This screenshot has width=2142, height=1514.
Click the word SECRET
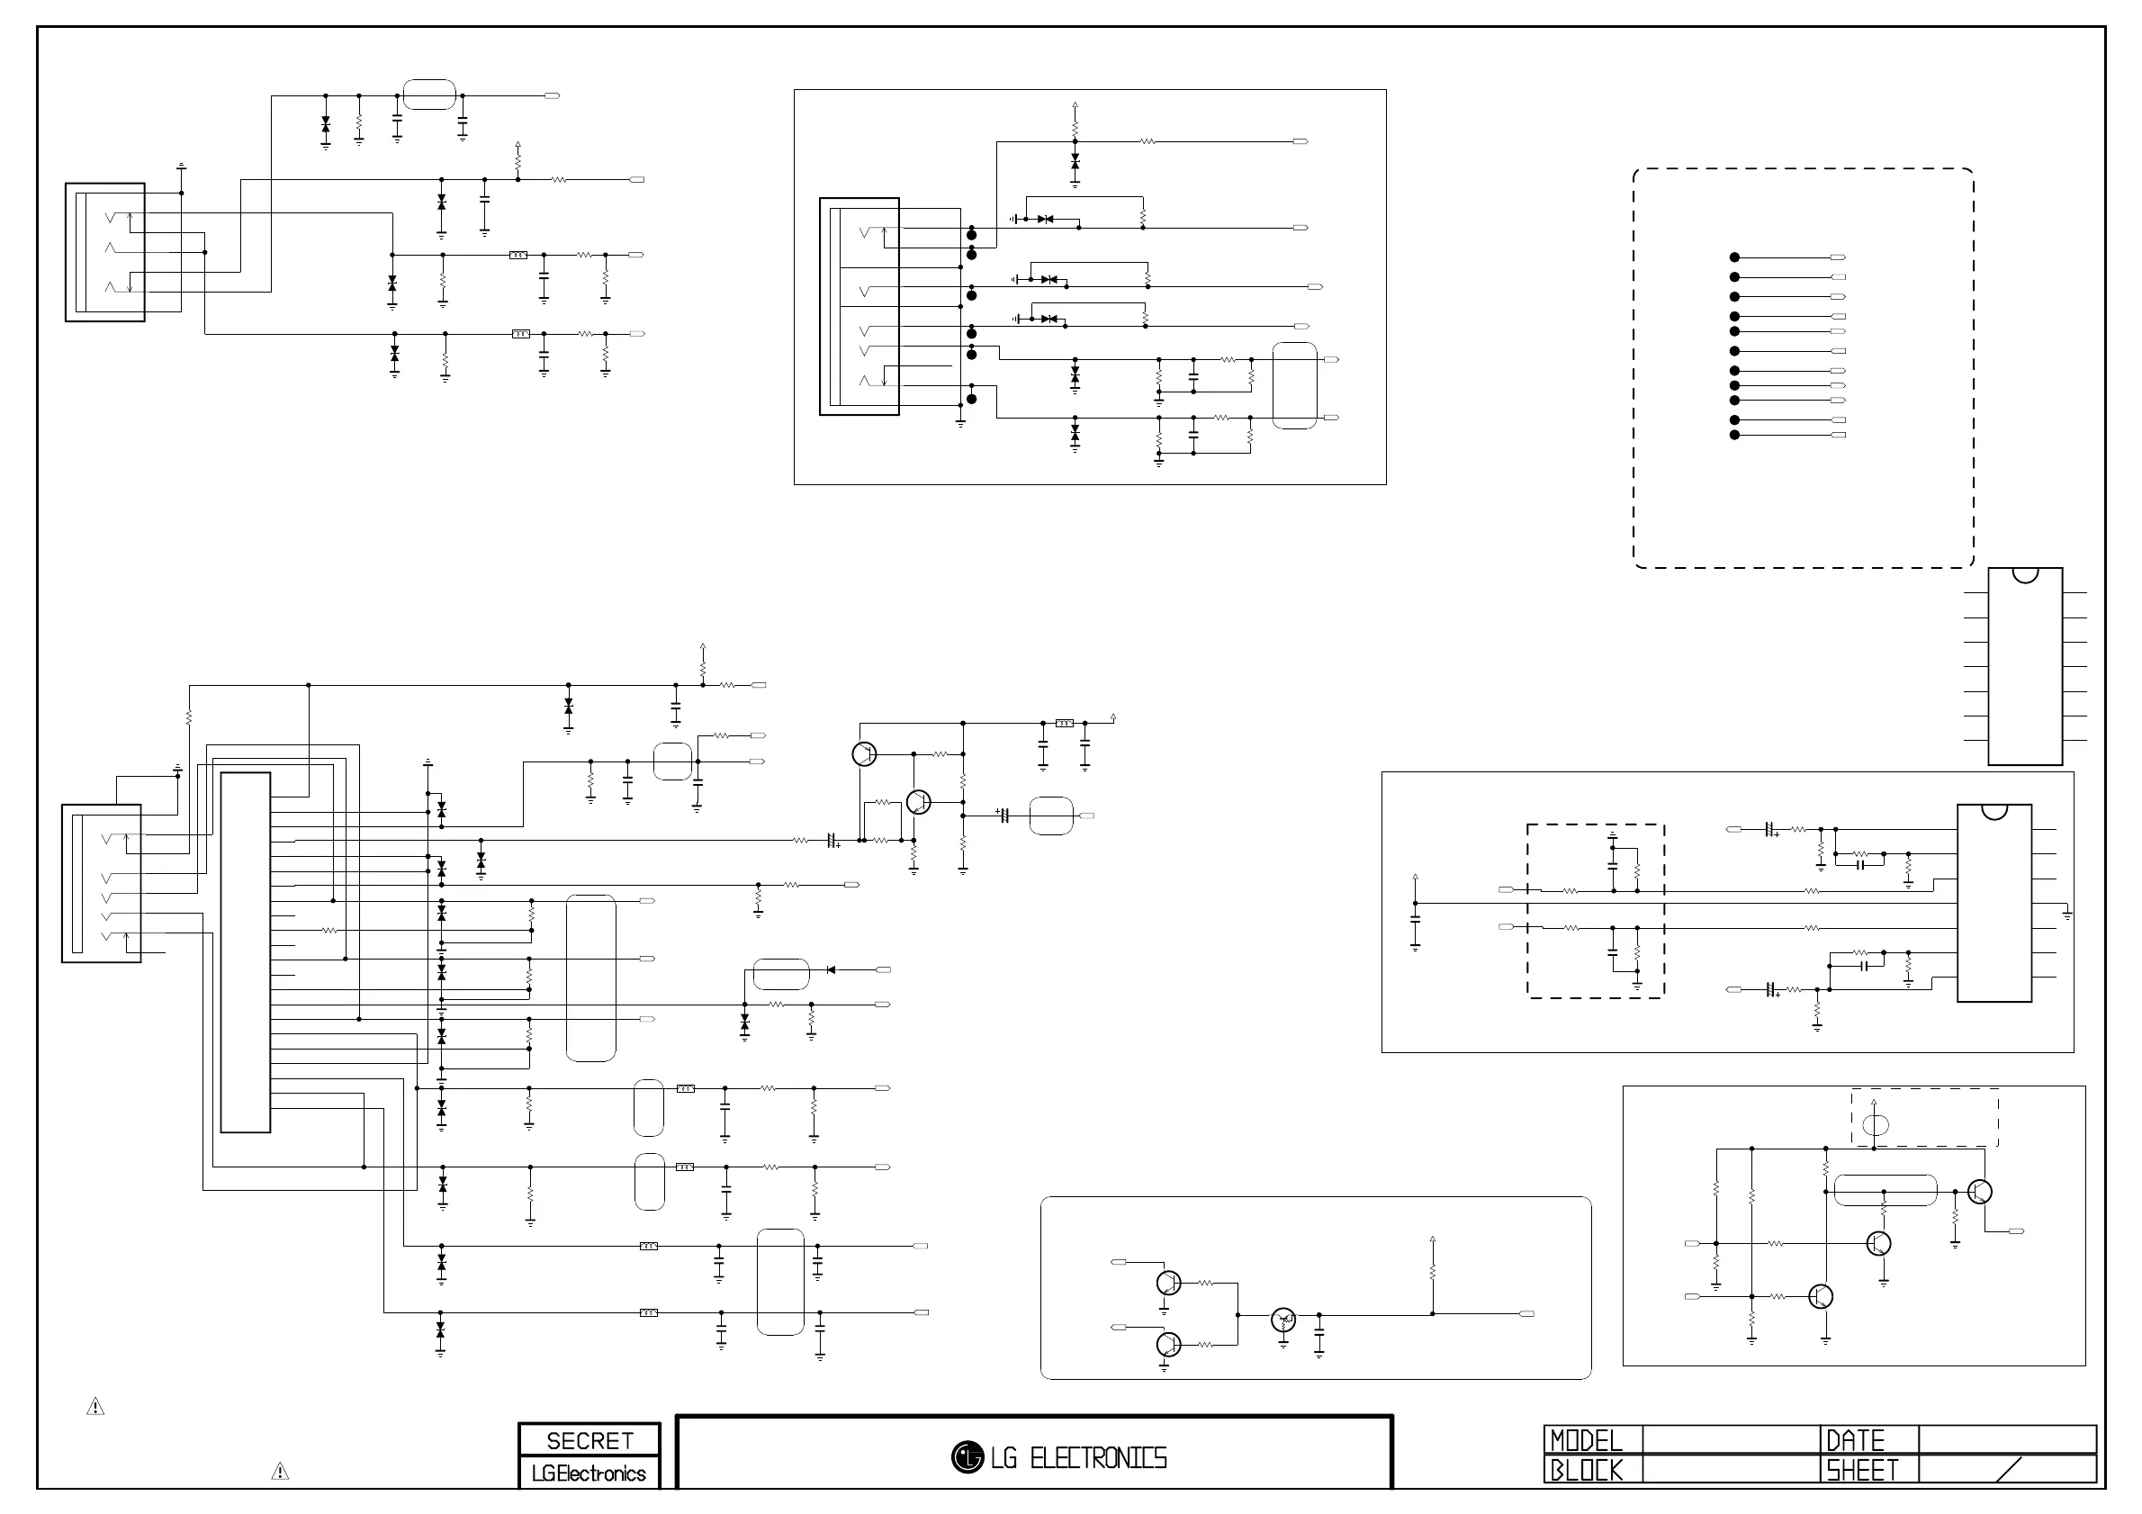pos(589,1440)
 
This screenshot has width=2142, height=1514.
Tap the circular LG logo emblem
pos(967,1457)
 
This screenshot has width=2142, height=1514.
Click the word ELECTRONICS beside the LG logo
pos(1098,1458)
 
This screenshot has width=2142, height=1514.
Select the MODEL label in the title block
pos(1586,1441)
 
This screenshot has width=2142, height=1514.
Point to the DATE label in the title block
pos(1855,1441)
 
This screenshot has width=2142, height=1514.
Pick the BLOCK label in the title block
pos(1586,1471)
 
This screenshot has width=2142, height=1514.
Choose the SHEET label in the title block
pos(1861,1471)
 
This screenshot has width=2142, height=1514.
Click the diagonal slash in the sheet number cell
pos(2011,1469)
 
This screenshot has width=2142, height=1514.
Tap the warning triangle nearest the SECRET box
pos(280,1472)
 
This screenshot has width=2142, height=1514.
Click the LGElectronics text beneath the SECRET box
pos(589,1473)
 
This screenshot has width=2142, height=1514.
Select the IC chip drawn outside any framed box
pos(2024,666)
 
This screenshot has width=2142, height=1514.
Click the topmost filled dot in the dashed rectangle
pos(1734,257)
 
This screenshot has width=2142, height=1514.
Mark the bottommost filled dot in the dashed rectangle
pos(1734,435)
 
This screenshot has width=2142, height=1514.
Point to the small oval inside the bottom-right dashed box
pos(1876,1125)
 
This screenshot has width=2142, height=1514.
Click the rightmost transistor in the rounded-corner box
pos(1283,1320)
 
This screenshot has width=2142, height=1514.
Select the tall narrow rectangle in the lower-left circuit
pos(246,952)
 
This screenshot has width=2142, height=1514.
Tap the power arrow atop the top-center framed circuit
pos(1075,106)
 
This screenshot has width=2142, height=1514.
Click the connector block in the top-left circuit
pos(104,252)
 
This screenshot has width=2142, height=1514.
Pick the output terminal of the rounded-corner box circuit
pos(1526,1314)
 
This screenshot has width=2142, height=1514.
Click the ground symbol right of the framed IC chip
pos(2067,916)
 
